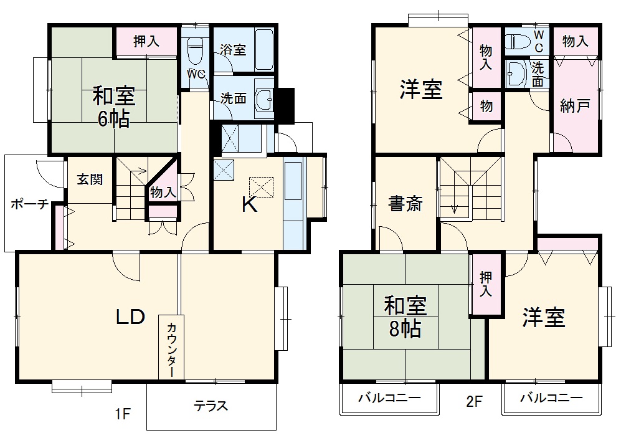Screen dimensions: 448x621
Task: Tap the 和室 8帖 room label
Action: pyautogui.click(x=404, y=317)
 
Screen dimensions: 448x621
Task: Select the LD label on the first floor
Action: pyautogui.click(x=131, y=317)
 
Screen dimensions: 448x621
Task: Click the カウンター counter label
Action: pyautogui.click(x=171, y=348)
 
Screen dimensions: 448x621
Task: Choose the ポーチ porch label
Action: pyautogui.click(x=30, y=204)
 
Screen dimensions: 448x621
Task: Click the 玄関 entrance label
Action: pyautogui.click(x=90, y=179)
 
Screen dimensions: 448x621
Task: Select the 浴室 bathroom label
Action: pyautogui.click(x=234, y=50)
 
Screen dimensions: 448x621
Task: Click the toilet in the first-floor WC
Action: pyautogui.click(x=196, y=47)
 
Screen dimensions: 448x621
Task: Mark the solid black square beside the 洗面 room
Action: pyautogui.click(x=285, y=106)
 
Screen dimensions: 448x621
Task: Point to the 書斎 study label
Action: pyautogui.click(x=405, y=204)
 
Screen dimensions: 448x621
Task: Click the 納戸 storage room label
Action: pyautogui.click(x=574, y=106)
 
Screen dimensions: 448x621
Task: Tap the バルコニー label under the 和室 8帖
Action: pyautogui.click(x=389, y=398)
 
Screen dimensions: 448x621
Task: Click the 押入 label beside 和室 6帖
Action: pyautogui.click(x=146, y=42)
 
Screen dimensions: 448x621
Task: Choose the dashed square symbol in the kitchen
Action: pyautogui.click(x=261, y=186)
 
